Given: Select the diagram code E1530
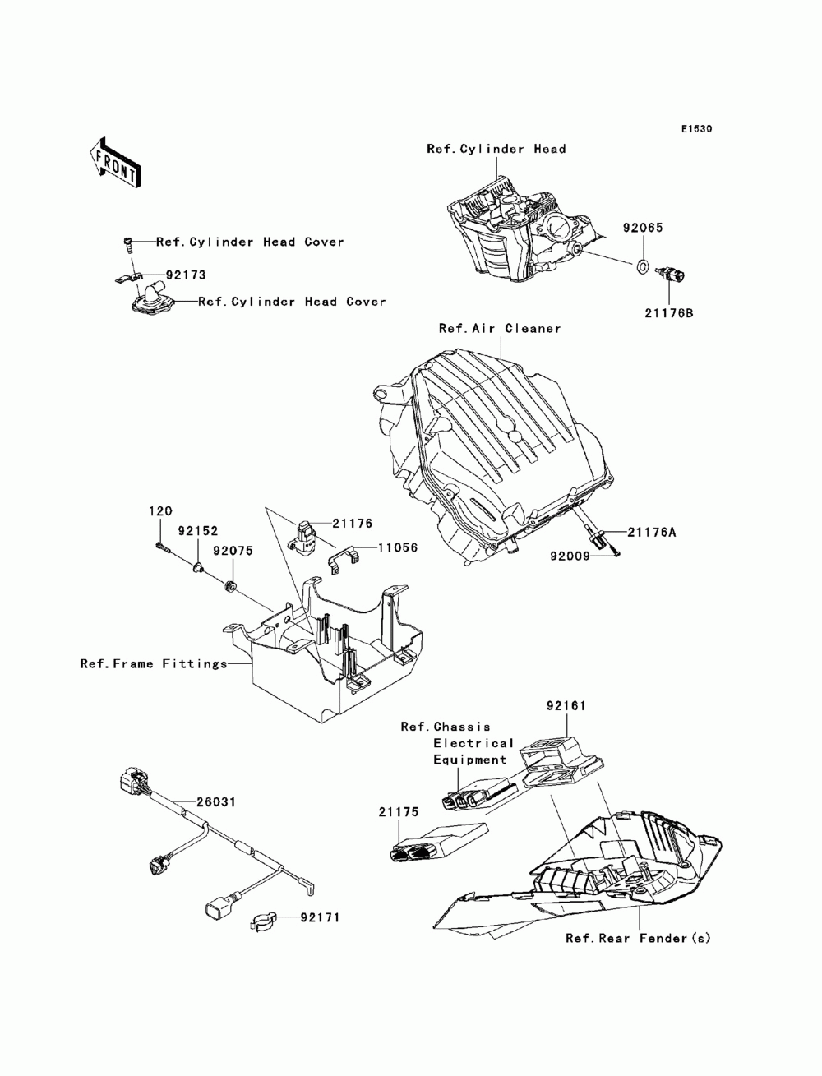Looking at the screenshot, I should [695, 129].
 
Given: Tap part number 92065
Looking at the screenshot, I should [642, 229].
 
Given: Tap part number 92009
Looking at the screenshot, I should [570, 555].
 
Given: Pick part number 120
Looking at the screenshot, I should [155, 510].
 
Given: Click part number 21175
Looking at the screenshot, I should [399, 812].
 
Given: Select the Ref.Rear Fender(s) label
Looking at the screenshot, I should [637, 938].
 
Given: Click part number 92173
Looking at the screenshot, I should [185, 275].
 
